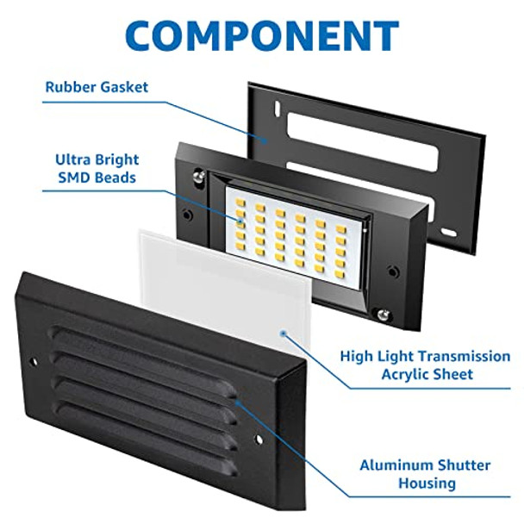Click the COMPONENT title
[262, 35]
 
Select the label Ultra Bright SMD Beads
[97, 169]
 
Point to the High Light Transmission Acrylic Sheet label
[424, 365]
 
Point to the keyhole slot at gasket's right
[447, 233]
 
